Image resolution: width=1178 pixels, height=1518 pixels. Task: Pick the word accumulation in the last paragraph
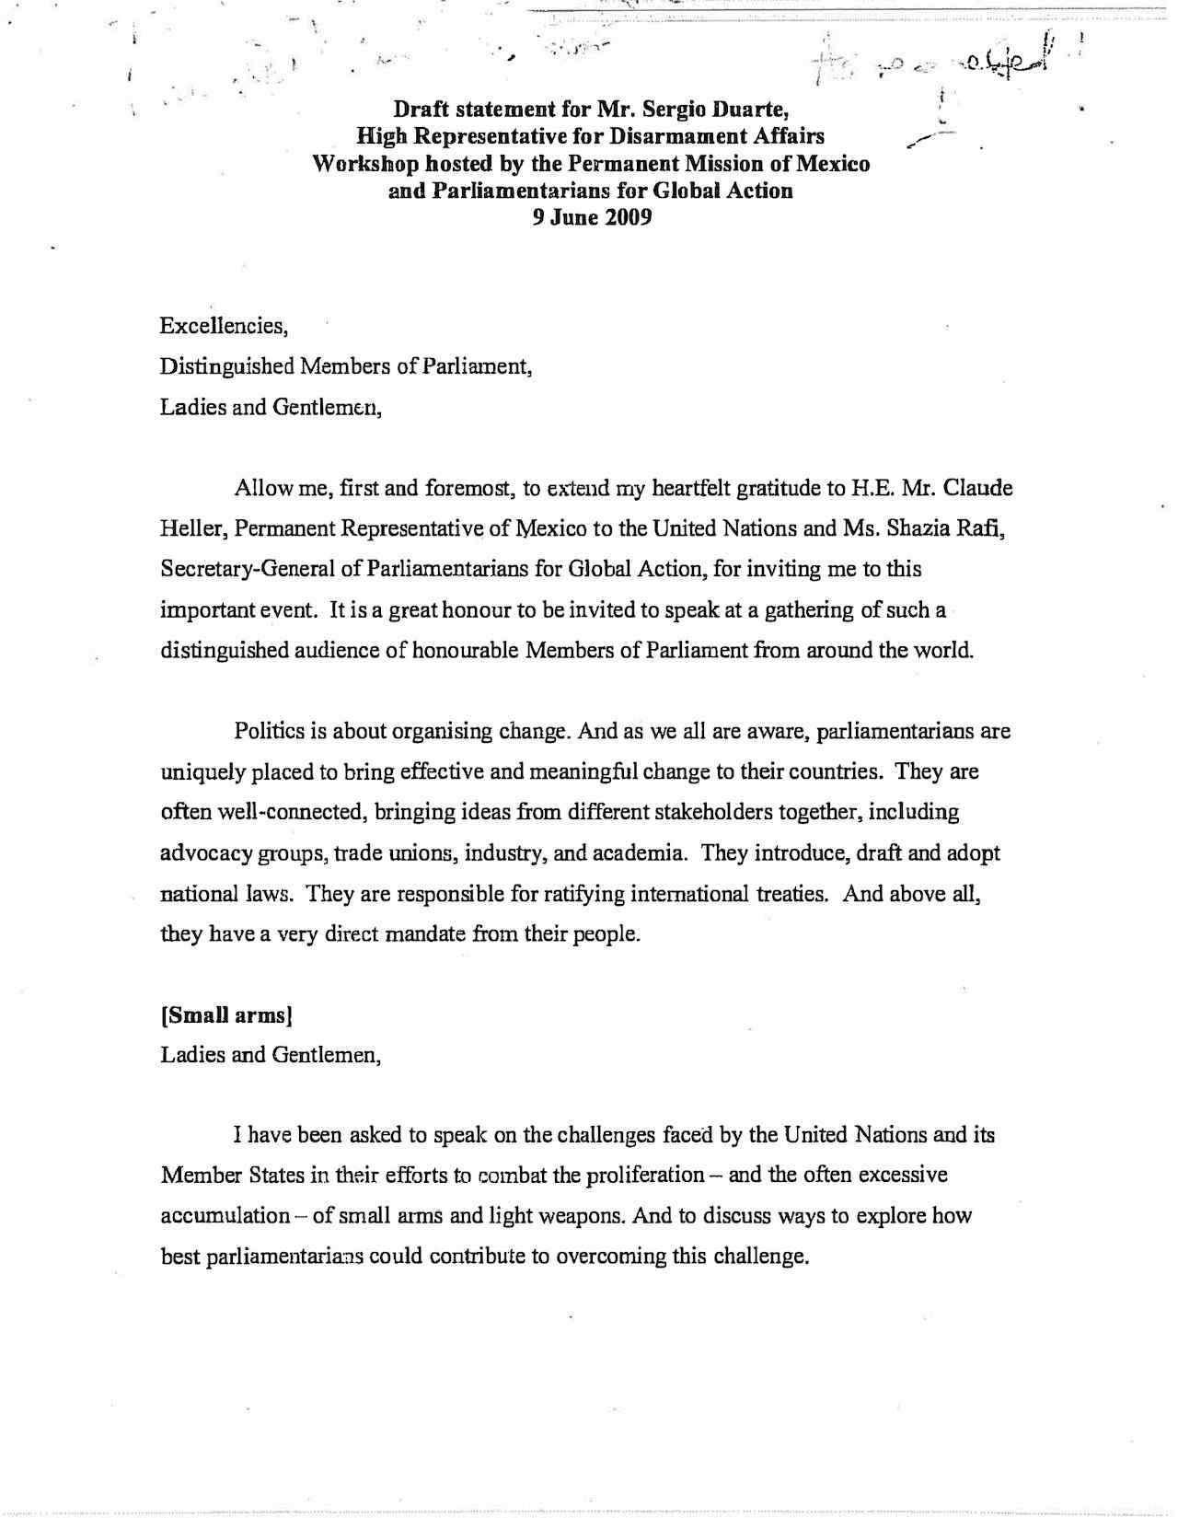pos(225,1217)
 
